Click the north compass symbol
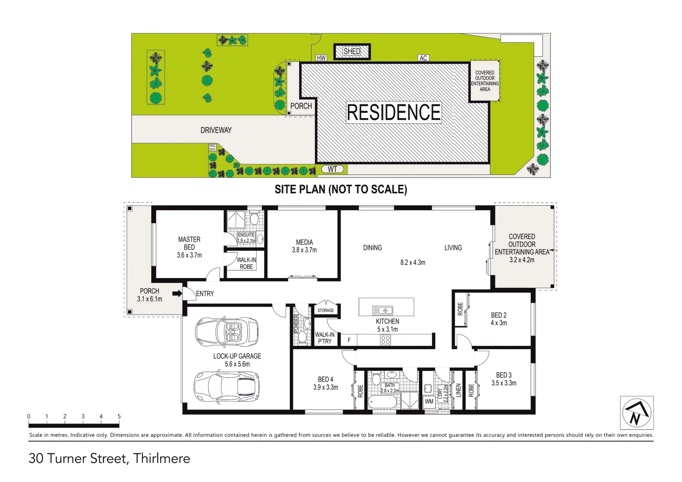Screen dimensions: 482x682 (637, 413)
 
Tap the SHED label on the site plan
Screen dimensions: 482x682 (352, 51)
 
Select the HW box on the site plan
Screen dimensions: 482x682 (321, 58)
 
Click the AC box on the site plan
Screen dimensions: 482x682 (423, 58)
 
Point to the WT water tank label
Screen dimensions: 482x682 (333, 169)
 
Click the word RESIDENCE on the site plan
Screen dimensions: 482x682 (394, 112)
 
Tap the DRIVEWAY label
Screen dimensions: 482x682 (216, 130)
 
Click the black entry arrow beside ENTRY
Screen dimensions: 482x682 (177, 293)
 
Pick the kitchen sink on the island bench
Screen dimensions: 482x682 (383, 310)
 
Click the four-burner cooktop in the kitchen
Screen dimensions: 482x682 (385, 340)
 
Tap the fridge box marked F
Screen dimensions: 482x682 (349, 340)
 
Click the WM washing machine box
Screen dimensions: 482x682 (429, 401)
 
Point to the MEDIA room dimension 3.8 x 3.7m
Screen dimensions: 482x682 (304, 250)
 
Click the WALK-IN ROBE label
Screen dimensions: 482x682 (246, 263)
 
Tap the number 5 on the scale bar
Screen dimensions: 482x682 (119, 416)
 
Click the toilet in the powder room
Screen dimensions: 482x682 (302, 337)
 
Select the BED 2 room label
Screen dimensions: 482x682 (499, 315)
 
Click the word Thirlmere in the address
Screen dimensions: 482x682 (162, 458)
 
